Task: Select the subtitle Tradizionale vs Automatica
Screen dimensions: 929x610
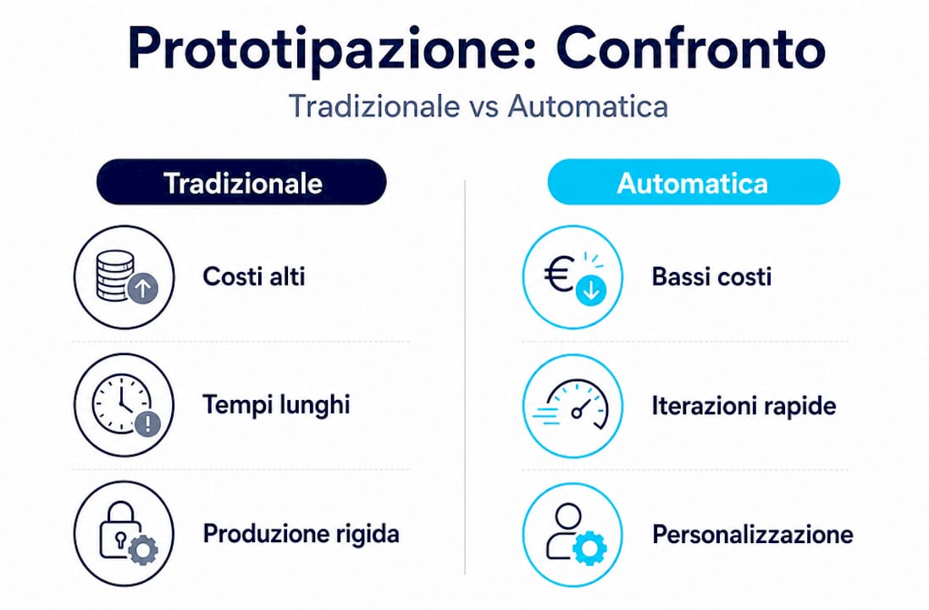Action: click(478, 107)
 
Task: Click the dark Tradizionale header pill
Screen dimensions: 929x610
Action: click(241, 182)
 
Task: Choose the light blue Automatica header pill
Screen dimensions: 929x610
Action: click(694, 182)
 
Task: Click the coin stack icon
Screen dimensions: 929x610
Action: click(115, 275)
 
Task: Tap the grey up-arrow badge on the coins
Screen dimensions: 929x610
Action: click(143, 289)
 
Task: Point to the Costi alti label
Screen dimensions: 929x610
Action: click(254, 277)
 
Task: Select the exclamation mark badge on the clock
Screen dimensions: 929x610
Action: click(148, 424)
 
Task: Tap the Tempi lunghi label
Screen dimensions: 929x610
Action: click(276, 406)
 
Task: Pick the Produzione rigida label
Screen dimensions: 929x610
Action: click(301, 534)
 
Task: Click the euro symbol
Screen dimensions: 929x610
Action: click(559, 274)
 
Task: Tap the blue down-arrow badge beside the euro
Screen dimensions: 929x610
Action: click(591, 291)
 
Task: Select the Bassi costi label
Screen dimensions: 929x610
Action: click(711, 277)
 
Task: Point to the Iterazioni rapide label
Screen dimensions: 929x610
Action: click(744, 406)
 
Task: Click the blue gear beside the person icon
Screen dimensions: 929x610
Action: click(590, 547)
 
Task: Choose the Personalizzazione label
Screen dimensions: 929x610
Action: click(753, 534)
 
